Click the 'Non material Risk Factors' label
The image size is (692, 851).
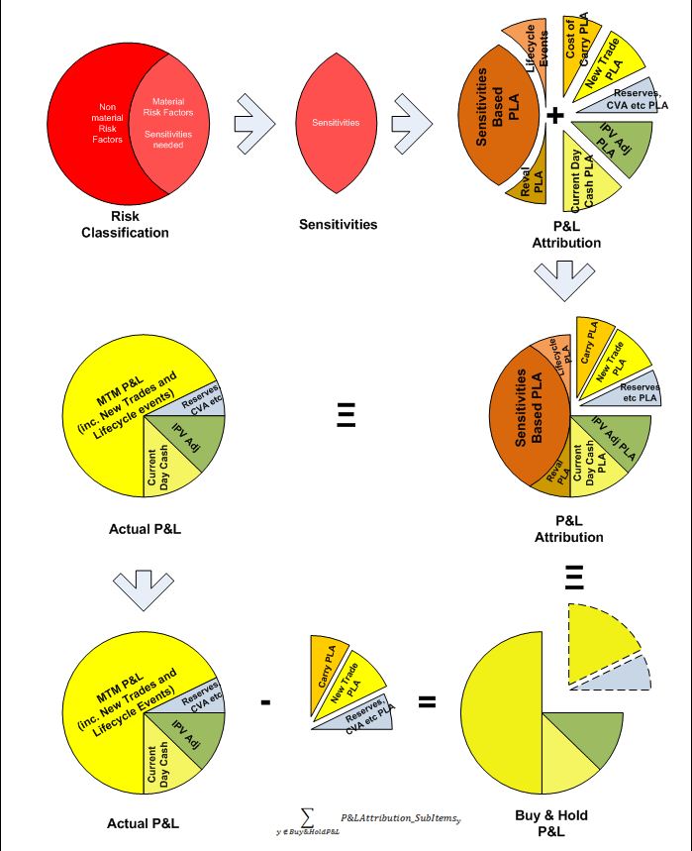pyautogui.click(x=110, y=123)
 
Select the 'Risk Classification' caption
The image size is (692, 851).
pyautogui.click(x=125, y=224)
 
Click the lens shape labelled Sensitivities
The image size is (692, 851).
pyautogui.click(x=336, y=122)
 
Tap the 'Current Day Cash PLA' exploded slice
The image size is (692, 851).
pyautogui.click(x=586, y=182)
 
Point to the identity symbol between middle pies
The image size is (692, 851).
pyautogui.click(x=345, y=413)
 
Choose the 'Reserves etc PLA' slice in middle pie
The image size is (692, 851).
pyautogui.click(x=624, y=389)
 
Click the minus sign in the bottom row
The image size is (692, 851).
pyautogui.click(x=264, y=702)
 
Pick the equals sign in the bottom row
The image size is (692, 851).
pyautogui.click(x=427, y=702)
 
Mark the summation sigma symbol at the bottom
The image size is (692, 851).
pyautogui.click(x=308, y=816)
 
